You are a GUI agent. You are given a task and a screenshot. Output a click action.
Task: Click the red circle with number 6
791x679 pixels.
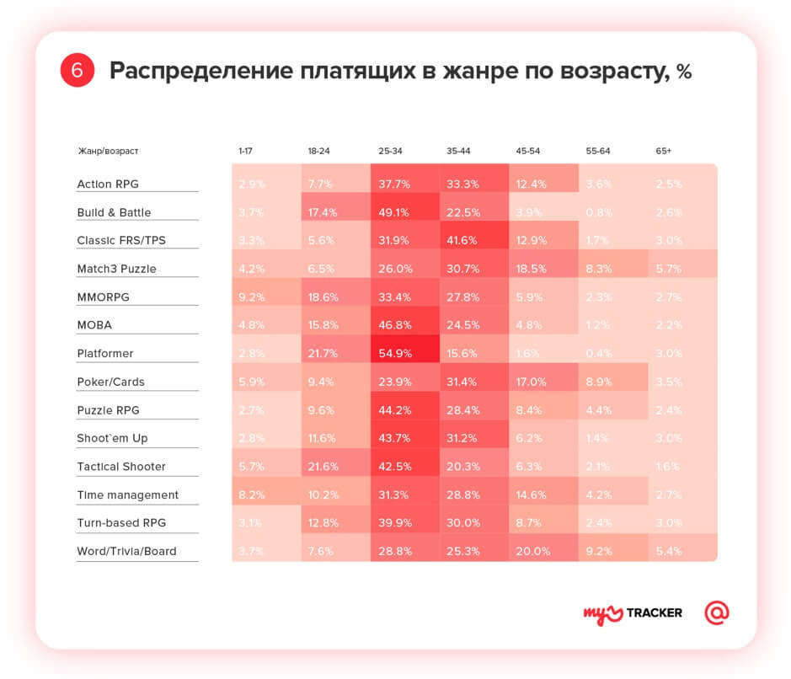(x=77, y=71)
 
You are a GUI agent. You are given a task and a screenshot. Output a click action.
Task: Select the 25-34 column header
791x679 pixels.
(x=390, y=151)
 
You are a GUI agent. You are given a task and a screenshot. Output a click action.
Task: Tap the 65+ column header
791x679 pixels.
(x=664, y=151)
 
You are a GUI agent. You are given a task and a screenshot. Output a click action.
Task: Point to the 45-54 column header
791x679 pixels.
(x=528, y=151)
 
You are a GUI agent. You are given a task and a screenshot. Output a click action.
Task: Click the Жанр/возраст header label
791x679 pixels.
(x=108, y=151)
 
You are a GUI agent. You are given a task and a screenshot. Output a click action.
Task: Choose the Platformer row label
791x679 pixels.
(x=105, y=354)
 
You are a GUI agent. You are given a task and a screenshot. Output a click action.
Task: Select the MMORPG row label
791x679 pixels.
(x=103, y=297)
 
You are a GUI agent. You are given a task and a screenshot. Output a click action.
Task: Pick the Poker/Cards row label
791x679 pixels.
(x=110, y=382)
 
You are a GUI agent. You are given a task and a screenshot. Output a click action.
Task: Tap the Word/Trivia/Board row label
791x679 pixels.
(x=127, y=552)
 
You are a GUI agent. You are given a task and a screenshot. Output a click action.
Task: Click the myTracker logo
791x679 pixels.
(x=633, y=612)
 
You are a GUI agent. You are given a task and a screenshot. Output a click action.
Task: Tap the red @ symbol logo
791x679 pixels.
(x=716, y=612)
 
